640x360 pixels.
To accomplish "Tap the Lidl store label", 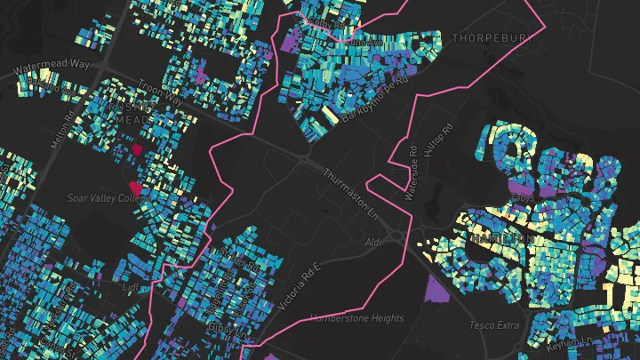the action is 131,287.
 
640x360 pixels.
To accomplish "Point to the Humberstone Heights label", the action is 356,317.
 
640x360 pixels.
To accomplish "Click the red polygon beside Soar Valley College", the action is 135,187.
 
